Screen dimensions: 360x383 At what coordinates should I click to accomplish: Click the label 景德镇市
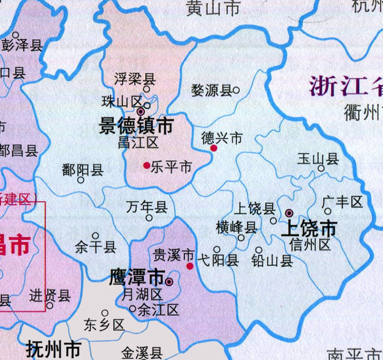[136, 126]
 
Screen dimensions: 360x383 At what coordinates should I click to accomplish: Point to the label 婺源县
[211, 90]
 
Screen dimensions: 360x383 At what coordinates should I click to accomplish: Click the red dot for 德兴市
[214, 148]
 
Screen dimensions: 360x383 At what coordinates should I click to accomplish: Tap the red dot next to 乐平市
[147, 165]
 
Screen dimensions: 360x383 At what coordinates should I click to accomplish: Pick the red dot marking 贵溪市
[190, 266]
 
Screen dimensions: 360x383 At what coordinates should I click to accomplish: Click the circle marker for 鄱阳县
[81, 180]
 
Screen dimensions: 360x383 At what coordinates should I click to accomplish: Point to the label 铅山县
[272, 261]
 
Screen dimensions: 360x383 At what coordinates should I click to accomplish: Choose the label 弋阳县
[218, 261]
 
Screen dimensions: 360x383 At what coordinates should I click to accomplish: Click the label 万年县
[147, 207]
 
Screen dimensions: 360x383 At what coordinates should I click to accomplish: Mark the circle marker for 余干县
[95, 236]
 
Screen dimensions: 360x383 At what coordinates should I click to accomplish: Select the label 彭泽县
[22, 45]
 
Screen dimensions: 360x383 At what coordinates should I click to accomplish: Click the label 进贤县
[50, 295]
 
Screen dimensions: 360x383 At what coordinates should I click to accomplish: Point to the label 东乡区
[104, 325]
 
